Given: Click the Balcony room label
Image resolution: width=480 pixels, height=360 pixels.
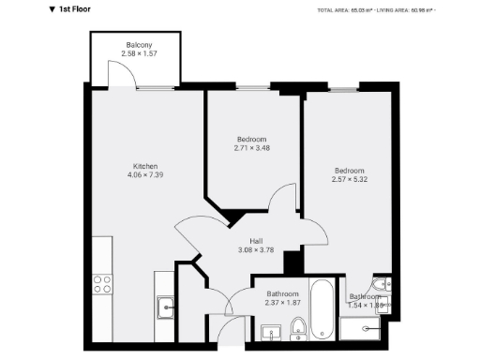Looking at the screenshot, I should point(141,45).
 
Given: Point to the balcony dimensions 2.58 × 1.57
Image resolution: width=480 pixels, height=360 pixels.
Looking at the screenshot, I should point(141,53).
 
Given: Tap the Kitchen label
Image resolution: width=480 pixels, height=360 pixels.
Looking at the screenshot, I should point(144,165).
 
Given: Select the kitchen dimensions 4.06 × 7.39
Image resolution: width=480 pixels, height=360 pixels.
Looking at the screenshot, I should point(144,173).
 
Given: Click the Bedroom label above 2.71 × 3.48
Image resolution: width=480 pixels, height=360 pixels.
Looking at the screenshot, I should point(251,139).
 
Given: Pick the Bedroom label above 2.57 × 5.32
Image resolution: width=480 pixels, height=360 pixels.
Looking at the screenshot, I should point(351,170).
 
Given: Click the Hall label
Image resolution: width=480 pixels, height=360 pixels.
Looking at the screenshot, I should point(255,241).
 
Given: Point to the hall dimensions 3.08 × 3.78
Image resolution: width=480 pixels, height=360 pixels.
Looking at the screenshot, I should point(255,249).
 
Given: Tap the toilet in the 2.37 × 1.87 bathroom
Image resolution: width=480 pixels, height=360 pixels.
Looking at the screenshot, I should point(297,328).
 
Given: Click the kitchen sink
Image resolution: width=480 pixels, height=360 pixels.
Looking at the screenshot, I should point(166,305).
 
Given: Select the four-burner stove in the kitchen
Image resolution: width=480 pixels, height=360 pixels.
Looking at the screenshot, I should point(101,285).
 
